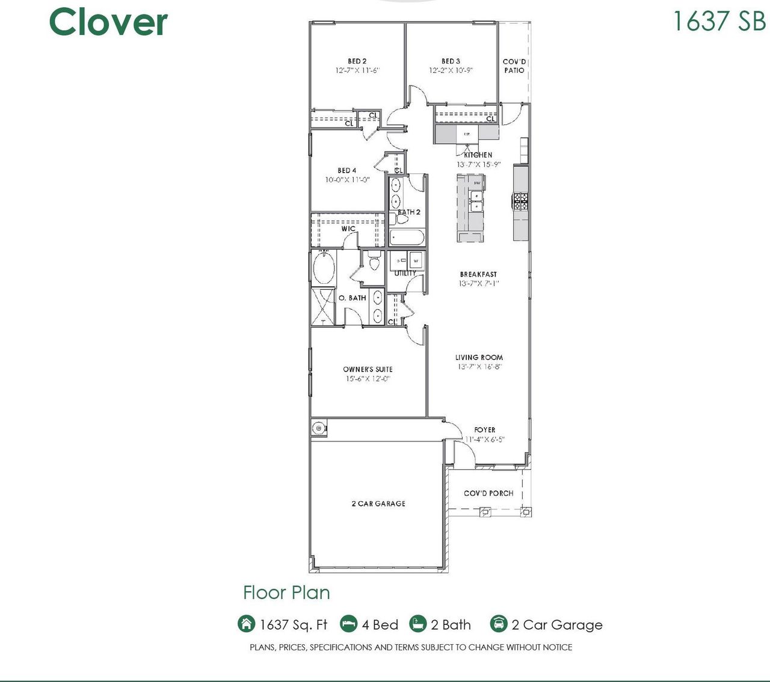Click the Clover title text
[x=108, y=22]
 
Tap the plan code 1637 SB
[x=719, y=20]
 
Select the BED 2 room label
[x=357, y=61]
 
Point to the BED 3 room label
[x=451, y=61]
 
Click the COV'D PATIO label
[x=514, y=66]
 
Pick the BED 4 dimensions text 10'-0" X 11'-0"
[x=347, y=180]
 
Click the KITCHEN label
[x=478, y=155]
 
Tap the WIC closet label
[x=348, y=229]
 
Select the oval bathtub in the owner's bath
[x=324, y=268]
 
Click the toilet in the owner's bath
[x=374, y=262]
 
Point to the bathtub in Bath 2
[x=407, y=237]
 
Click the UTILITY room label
[x=405, y=273]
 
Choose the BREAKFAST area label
[x=478, y=274]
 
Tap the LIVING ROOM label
[x=479, y=357]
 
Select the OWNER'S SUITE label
[x=368, y=369]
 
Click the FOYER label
[x=484, y=430]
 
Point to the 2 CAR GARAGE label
[x=378, y=504]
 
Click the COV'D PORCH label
[x=488, y=493]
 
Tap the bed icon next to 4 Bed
[x=348, y=624]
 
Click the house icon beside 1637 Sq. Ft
[x=246, y=624]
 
